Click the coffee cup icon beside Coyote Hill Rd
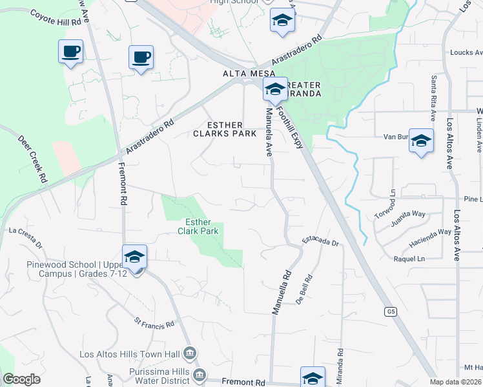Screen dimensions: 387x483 tap(70, 51)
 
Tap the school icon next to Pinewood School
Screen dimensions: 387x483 tap(134, 257)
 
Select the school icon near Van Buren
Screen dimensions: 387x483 tap(421, 141)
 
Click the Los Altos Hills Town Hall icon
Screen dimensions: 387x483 tap(190, 353)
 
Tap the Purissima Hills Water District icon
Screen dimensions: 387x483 tap(200, 375)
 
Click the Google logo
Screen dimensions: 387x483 tap(21, 379)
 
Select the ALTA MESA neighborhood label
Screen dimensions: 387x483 tap(240, 74)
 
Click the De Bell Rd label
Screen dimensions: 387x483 tap(305, 290)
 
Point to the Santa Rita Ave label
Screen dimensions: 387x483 tap(433, 97)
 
